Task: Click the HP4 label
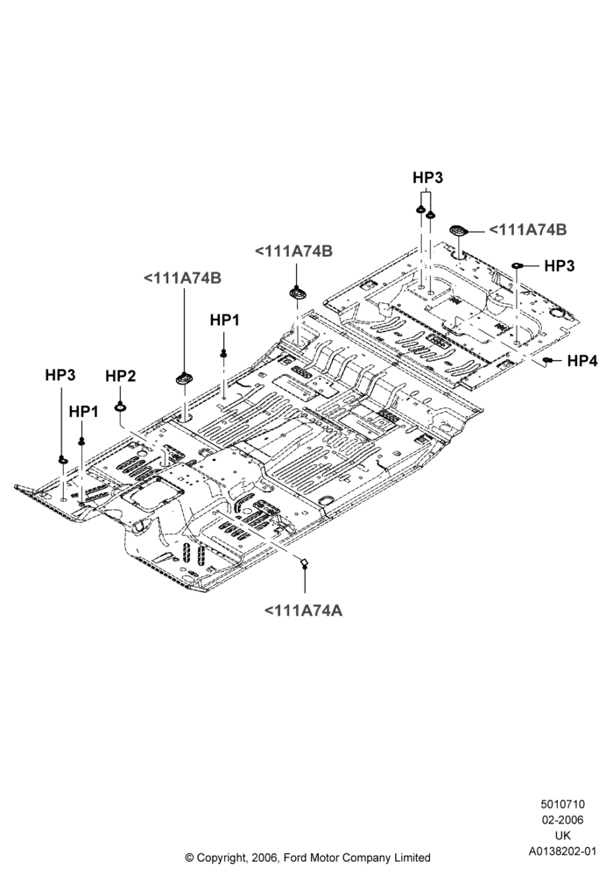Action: [x=582, y=362]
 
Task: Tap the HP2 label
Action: [x=121, y=377]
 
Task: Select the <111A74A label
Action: [x=303, y=611]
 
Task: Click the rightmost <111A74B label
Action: [x=527, y=230]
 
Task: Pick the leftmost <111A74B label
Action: [x=182, y=278]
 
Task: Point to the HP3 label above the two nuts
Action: [x=427, y=178]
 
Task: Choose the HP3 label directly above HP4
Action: [x=560, y=266]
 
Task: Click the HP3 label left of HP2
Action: [x=60, y=375]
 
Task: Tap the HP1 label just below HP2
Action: [x=84, y=412]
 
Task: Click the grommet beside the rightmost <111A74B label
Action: [x=458, y=230]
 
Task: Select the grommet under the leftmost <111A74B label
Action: [x=185, y=378]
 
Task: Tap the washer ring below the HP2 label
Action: [x=120, y=406]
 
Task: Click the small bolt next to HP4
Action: [x=549, y=361]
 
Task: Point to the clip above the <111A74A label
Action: [x=303, y=562]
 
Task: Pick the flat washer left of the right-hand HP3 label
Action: [x=518, y=265]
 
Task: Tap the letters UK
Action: [x=563, y=836]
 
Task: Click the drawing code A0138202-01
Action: [x=563, y=851]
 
